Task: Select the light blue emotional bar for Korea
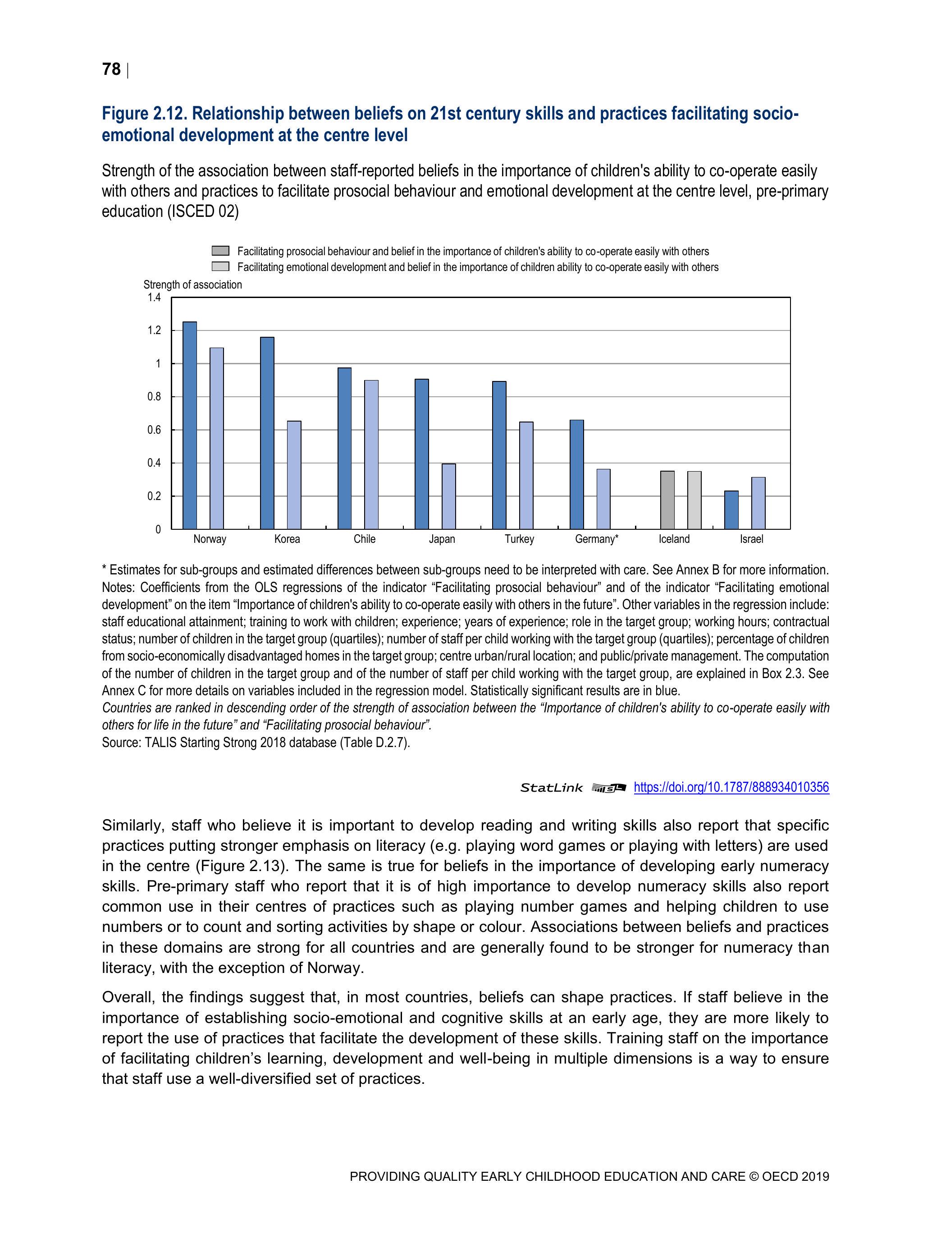coord(294,475)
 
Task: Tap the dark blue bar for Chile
coord(344,449)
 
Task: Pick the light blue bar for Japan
coord(448,496)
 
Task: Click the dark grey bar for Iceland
coord(667,500)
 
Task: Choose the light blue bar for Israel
coord(758,503)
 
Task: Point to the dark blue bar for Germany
coord(576,474)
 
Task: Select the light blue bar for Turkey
coord(526,475)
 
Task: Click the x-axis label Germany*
coord(596,539)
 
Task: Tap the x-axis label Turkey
coord(519,539)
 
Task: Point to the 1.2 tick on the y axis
coord(154,330)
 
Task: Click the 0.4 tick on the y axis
coord(154,463)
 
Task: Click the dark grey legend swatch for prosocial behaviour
coord(220,251)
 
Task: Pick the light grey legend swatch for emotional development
coord(220,266)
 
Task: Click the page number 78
coord(111,69)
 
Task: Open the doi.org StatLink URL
coord(731,787)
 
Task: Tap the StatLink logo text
coord(551,788)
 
